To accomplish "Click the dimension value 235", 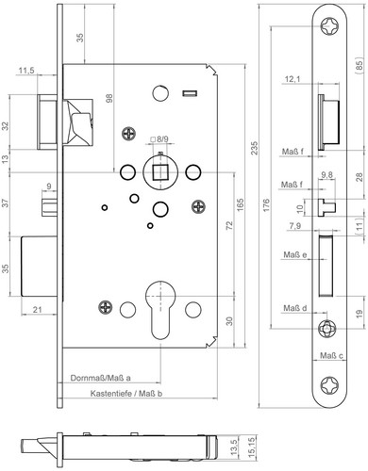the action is (x=255, y=148).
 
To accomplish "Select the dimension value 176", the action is (x=266, y=205).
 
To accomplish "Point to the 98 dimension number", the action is (x=109, y=98).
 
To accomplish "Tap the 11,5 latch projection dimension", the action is (x=26, y=71).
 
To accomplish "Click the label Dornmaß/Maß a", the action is (x=100, y=378).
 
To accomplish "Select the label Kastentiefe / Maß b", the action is (x=126, y=393).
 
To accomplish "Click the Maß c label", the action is (x=331, y=356).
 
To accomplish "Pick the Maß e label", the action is (x=295, y=254).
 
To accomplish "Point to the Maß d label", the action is (x=295, y=308).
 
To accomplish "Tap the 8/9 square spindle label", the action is (x=159, y=138).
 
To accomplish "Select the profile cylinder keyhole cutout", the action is (x=160, y=310).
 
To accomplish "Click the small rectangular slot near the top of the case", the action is (x=190, y=93).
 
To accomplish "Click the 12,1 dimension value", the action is (x=293, y=79).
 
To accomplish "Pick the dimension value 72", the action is (x=229, y=226).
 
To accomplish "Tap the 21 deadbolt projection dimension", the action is (x=38, y=310).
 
